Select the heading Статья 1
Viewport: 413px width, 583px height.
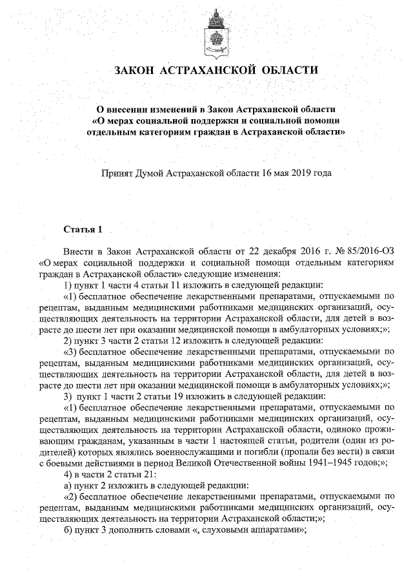point(79,229)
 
